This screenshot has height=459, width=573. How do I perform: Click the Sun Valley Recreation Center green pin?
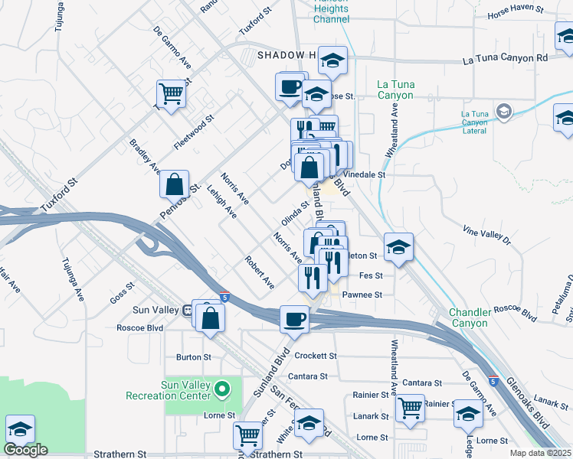tap(223, 389)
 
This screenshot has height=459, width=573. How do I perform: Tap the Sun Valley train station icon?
tap(187, 310)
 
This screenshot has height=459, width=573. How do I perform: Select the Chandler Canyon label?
tap(458, 317)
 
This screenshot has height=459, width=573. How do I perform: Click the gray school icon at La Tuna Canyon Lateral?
tap(503, 112)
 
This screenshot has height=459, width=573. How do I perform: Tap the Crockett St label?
tap(316, 356)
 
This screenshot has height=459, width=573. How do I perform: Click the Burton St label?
tap(193, 356)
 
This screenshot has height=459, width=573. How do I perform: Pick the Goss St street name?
tap(122, 293)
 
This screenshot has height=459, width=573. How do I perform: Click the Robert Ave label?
tap(259, 272)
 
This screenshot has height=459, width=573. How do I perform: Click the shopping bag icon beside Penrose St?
tap(175, 184)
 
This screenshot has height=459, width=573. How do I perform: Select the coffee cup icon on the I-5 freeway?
tap(293, 319)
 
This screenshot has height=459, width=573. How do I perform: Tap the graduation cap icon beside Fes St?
tap(398, 246)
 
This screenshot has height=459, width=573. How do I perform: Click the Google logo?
tap(25, 450)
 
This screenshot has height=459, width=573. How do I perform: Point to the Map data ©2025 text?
tap(540, 453)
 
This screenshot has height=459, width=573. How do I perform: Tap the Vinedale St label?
tap(364, 174)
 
